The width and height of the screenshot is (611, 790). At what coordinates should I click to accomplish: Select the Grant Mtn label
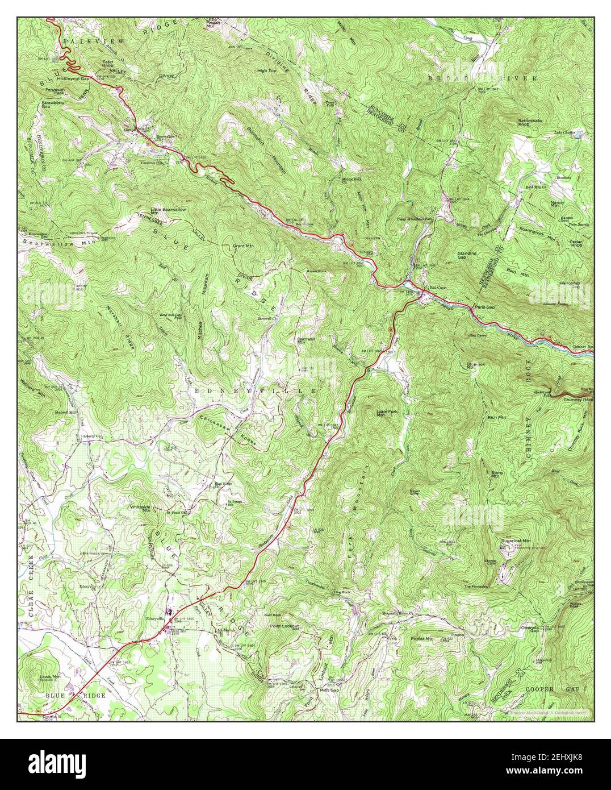243,247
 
